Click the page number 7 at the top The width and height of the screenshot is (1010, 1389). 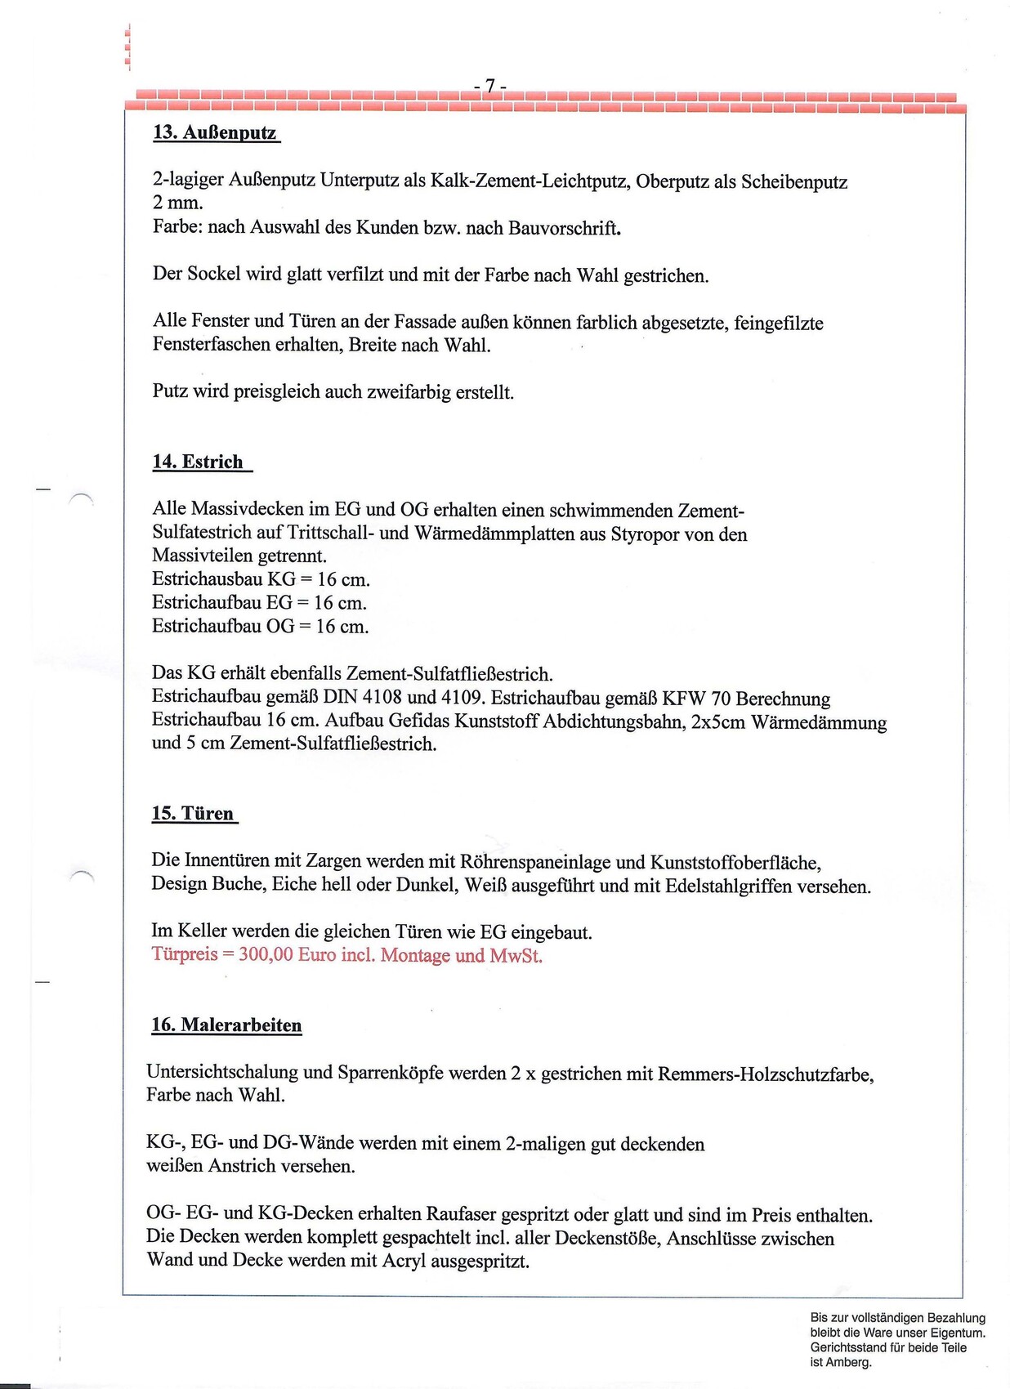(x=490, y=86)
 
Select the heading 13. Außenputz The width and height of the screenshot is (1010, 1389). (x=216, y=132)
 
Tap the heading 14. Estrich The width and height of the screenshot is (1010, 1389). (x=198, y=462)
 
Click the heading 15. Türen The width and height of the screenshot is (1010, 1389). (x=193, y=814)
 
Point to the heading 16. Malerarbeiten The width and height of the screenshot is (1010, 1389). (x=226, y=1025)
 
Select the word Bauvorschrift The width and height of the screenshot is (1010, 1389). (x=563, y=228)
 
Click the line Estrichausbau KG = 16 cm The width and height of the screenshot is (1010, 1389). (x=261, y=580)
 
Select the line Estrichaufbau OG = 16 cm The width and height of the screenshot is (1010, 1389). (x=260, y=627)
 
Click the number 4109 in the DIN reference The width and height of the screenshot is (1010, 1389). (x=462, y=699)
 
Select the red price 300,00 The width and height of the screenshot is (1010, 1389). (x=266, y=955)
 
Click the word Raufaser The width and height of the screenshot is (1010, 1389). (x=461, y=1215)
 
